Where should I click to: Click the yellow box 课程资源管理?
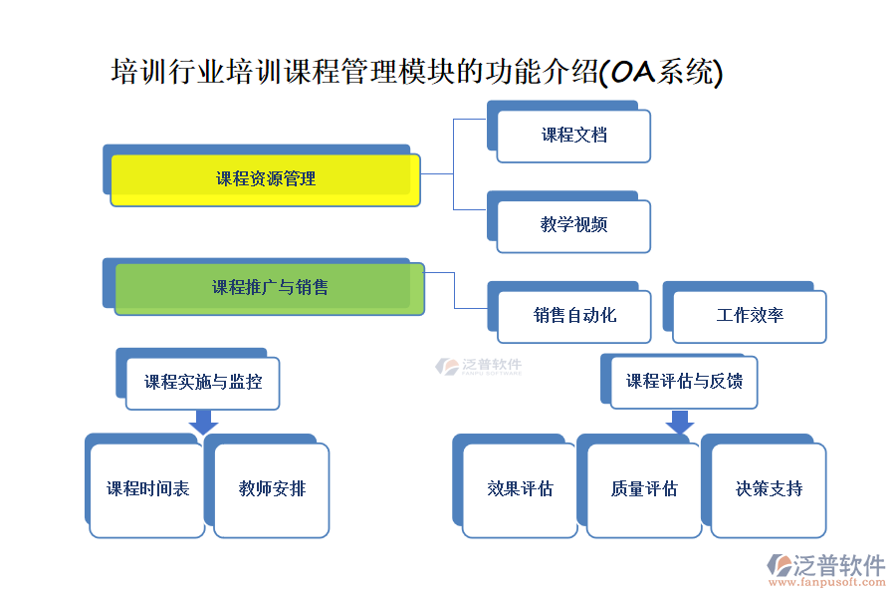click(x=265, y=179)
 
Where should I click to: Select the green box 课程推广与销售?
click(x=270, y=288)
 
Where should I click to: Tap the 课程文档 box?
click(x=573, y=136)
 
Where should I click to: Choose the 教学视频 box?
click(x=573, y=225)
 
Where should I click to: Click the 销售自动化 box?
click(x=573, y=316)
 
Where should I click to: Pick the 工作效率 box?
click(x=750, y=316)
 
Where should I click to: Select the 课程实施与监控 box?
click(x=202, y=382)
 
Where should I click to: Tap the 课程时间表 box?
click(x=147, y=489)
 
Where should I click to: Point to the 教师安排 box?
click(x=272, y=489)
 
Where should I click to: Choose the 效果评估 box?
click(x=520, y=489)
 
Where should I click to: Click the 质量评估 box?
click(x=644, y=489)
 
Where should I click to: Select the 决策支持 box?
click(x=768, y=489)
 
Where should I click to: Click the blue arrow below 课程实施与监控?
click(x=203, y=422)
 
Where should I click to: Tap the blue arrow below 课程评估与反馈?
click(x=680, y=422)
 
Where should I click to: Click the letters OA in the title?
click(x=629, y=72)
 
